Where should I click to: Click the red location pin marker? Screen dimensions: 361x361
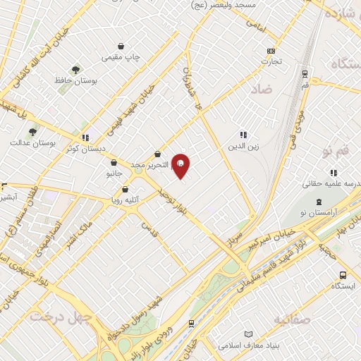(x=180, y=166)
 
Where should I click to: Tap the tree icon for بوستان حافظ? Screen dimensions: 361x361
(x=75, y=70)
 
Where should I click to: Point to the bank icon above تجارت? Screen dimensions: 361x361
(x=271, y=51)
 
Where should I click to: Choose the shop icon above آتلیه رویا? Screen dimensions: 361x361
(x=125, y=189)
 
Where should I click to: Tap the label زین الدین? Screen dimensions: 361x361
(x=241, y=147)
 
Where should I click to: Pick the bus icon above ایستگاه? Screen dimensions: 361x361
(x=343, y=276)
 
